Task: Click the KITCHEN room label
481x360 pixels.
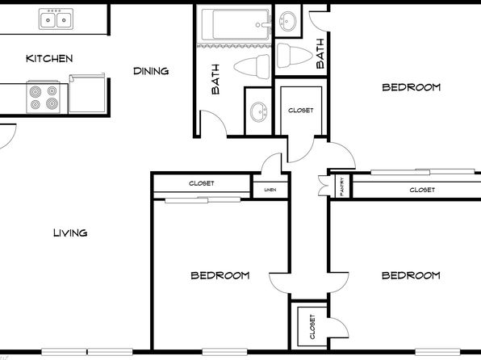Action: pos(49,59)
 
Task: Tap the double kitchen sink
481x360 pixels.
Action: pos(56,19)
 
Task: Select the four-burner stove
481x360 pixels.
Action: pos(44,97)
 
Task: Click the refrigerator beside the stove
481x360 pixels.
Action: pos(87,94)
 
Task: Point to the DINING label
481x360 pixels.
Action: pos(151,71)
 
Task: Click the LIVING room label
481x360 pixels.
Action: pos(70,233)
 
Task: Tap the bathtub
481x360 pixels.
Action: pos(236,24)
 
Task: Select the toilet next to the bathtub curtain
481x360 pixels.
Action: pos(252,67)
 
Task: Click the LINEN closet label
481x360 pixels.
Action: pos(270,190)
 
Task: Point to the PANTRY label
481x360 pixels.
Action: pos(342,186)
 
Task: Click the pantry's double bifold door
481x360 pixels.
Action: pos(324,186)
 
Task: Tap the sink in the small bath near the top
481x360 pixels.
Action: pos(288,21)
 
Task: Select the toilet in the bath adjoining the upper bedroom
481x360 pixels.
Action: pos(295,56)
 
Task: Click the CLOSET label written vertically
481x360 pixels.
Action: pos(312,327)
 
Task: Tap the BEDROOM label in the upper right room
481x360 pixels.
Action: pos(411,87)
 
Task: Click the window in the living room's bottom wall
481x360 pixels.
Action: pos(87,352)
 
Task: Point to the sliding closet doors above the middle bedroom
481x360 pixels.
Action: pos(203,200)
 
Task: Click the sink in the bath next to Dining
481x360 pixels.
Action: pos(258,111)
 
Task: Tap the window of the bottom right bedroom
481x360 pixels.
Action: pos(437,352)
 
